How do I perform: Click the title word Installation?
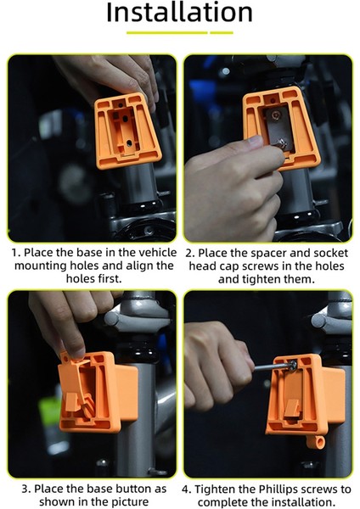click(179, 13)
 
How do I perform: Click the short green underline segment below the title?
click(222, 33)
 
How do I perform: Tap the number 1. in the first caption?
click(16, 253)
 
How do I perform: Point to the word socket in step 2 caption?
click(327, 253)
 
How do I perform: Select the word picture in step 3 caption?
click(129, 501)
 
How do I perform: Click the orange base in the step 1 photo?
click(127, 130)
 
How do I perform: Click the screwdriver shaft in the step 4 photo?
click(273, 366)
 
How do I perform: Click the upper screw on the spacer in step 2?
click(276, 115)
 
